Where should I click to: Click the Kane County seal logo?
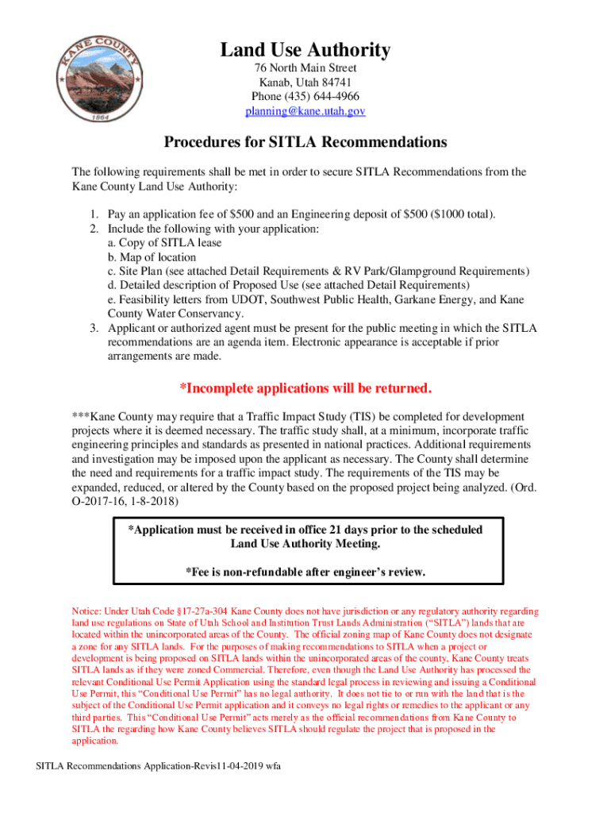pos(99,78)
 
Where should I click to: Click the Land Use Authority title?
pos(305,50)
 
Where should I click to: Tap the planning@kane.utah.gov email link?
pos(305,112)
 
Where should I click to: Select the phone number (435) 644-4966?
pos(305,97)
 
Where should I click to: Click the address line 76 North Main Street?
pos(305,68)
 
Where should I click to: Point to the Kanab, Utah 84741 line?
pos(305,83)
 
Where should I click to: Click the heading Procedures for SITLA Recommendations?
pos(305,143)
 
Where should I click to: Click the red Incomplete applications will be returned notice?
pos(305,388)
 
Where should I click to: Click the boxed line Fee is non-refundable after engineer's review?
pos(305,572)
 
